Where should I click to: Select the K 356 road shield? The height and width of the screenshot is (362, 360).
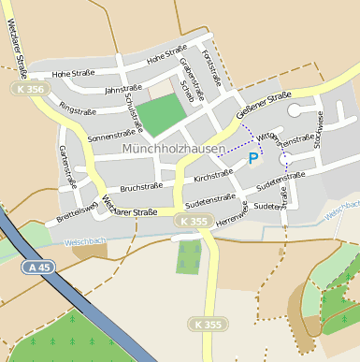click(x=30, y=89)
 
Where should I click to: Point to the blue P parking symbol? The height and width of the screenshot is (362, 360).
click(x=253, y=160)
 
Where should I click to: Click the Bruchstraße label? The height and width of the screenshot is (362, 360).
click(x=140, y=188)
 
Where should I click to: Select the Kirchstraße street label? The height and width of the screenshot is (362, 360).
click(x=212, y=174)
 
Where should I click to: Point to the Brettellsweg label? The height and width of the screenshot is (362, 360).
click(x=77, y=210)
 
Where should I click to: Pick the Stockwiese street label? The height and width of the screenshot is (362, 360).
click(x=319, y=131)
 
